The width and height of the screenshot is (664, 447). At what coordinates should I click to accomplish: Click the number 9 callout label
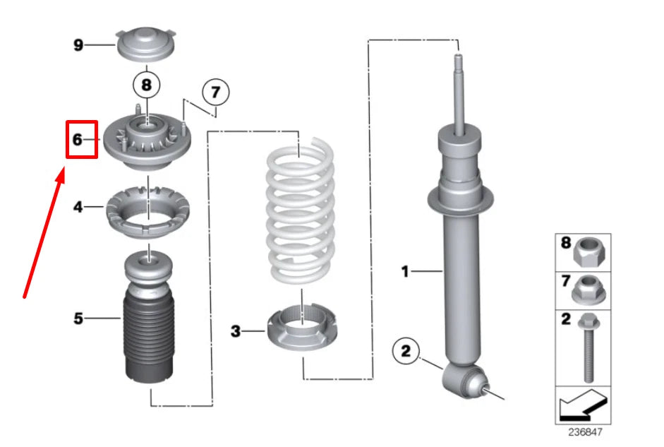pos(78,44)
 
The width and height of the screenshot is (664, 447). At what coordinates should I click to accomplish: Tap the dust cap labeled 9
pos(145,44)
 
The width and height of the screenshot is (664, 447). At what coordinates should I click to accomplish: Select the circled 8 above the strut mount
pos(147,85)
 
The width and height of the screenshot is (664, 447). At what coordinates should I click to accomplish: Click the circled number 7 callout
pos(215,92)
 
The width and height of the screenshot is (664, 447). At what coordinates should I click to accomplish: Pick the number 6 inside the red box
pos(77,139)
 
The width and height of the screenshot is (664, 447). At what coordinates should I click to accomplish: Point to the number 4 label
pos(78,207)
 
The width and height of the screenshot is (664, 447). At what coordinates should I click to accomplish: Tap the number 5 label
pos(78,318)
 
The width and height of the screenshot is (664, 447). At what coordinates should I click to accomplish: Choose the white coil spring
pos(300,210)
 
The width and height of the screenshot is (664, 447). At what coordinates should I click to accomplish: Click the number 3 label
pos(236,331)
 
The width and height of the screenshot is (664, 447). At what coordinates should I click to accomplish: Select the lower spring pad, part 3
pos(302,329)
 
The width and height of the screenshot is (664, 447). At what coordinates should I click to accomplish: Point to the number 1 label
pos(405,271)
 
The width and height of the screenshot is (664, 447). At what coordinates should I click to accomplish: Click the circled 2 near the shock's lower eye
pos(406,351)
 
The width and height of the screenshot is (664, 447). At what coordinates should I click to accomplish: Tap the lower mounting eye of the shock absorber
pos(464,382)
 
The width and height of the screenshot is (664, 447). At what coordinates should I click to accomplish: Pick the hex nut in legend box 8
pos(589,253)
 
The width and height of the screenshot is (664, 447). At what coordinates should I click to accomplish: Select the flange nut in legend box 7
pos(588,290)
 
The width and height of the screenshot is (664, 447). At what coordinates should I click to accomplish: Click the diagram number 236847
pos(585,431)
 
